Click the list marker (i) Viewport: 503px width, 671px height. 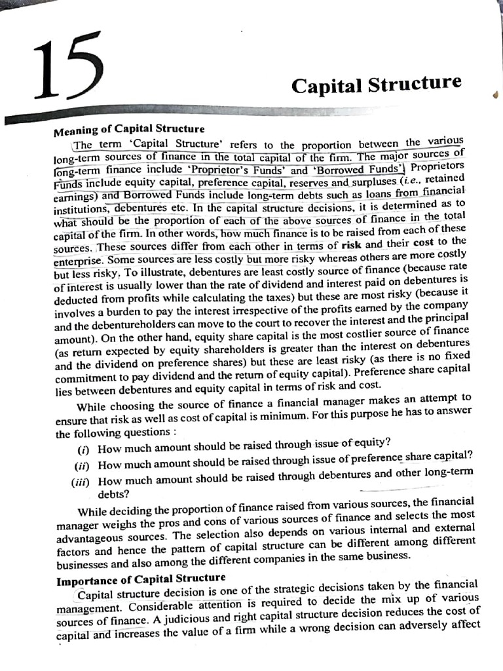84,449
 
